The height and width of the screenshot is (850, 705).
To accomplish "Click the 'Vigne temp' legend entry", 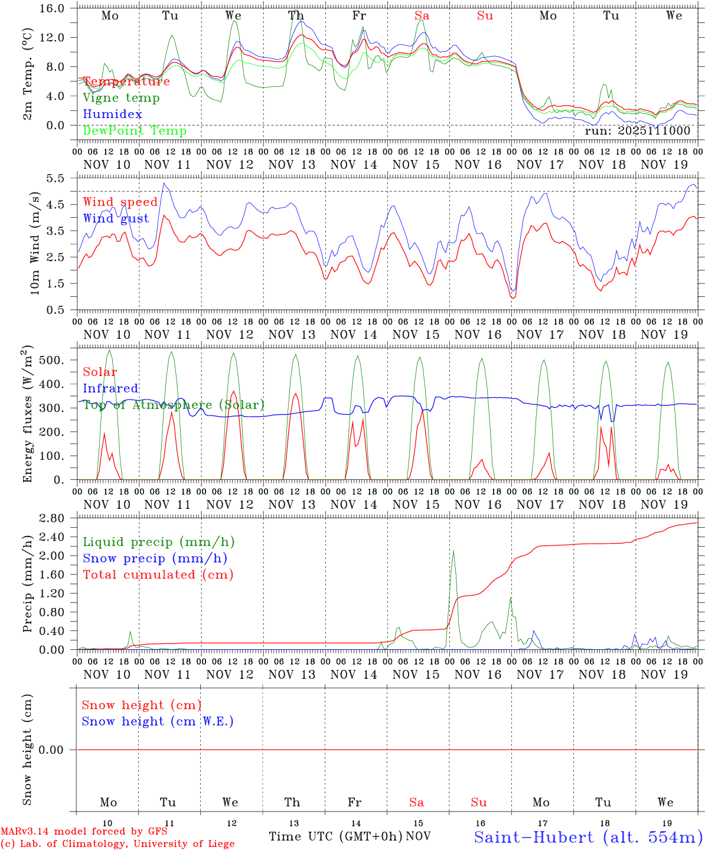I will click(121, 98).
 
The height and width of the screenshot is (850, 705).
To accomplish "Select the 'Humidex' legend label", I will click(112, 115).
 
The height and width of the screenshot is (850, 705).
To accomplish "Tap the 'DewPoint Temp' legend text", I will click(135, 131).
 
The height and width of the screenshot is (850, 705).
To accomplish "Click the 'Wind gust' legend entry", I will click(116, 219).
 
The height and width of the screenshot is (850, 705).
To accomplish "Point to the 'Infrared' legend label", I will click(110, 388).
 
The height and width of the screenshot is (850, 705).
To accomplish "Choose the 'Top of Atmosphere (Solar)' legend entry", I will click(174, 405).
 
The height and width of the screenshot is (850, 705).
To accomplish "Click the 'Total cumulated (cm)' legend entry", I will click(158, 575).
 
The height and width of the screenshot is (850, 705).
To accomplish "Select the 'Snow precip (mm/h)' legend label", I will click(155, 558).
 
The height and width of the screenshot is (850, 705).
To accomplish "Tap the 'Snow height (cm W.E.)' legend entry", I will click(158, 721).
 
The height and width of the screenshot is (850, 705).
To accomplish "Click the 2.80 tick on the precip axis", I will click(60, 518).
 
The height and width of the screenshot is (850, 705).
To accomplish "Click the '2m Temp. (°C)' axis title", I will click(28, 74).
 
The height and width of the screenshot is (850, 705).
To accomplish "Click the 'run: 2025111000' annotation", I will click(637, 131).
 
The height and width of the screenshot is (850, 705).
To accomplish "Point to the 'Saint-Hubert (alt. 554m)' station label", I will click(588, 837).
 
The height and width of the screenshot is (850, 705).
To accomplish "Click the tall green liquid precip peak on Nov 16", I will click(453, 551).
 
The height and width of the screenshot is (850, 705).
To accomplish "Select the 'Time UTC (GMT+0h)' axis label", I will click(335, 836).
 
